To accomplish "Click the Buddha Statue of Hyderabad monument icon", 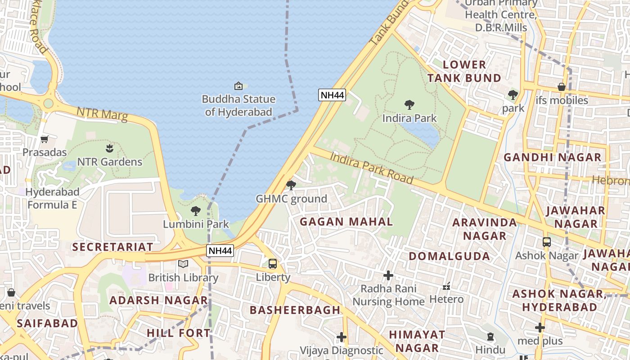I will (238, 85).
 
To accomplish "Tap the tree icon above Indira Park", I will (409, 105).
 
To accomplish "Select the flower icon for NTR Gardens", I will (109, 148).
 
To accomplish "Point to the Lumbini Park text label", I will (196, 224).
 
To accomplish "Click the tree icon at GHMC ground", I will (291, 185).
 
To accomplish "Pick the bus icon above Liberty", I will (273, 264).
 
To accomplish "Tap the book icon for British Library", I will (183, 264).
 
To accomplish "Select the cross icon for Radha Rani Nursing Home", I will (388, 275).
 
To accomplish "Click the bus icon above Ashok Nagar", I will (547, 242).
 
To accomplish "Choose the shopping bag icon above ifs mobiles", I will (562, 86).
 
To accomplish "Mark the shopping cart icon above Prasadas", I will (44, 139).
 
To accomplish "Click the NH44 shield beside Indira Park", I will (332, 95).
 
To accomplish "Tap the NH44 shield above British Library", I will (220, 251).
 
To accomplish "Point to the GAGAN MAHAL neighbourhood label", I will (346, 221).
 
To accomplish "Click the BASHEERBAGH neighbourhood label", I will (295, 310).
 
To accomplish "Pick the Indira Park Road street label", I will (372, 168).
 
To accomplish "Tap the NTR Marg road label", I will (102, 114).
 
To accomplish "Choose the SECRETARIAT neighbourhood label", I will (112, 247).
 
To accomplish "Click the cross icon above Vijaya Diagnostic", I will (342, 337).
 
